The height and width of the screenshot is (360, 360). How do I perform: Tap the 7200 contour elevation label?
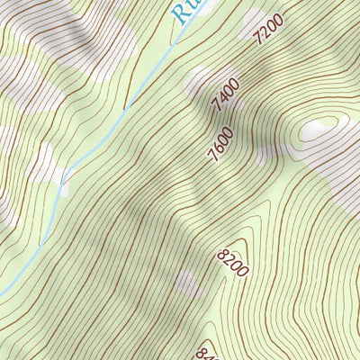(269, 29)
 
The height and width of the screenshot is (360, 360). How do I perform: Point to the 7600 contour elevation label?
(220, 145)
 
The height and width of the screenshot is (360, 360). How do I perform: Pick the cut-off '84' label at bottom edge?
(204, 354)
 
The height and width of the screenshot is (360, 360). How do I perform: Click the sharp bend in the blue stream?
(63, 184)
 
